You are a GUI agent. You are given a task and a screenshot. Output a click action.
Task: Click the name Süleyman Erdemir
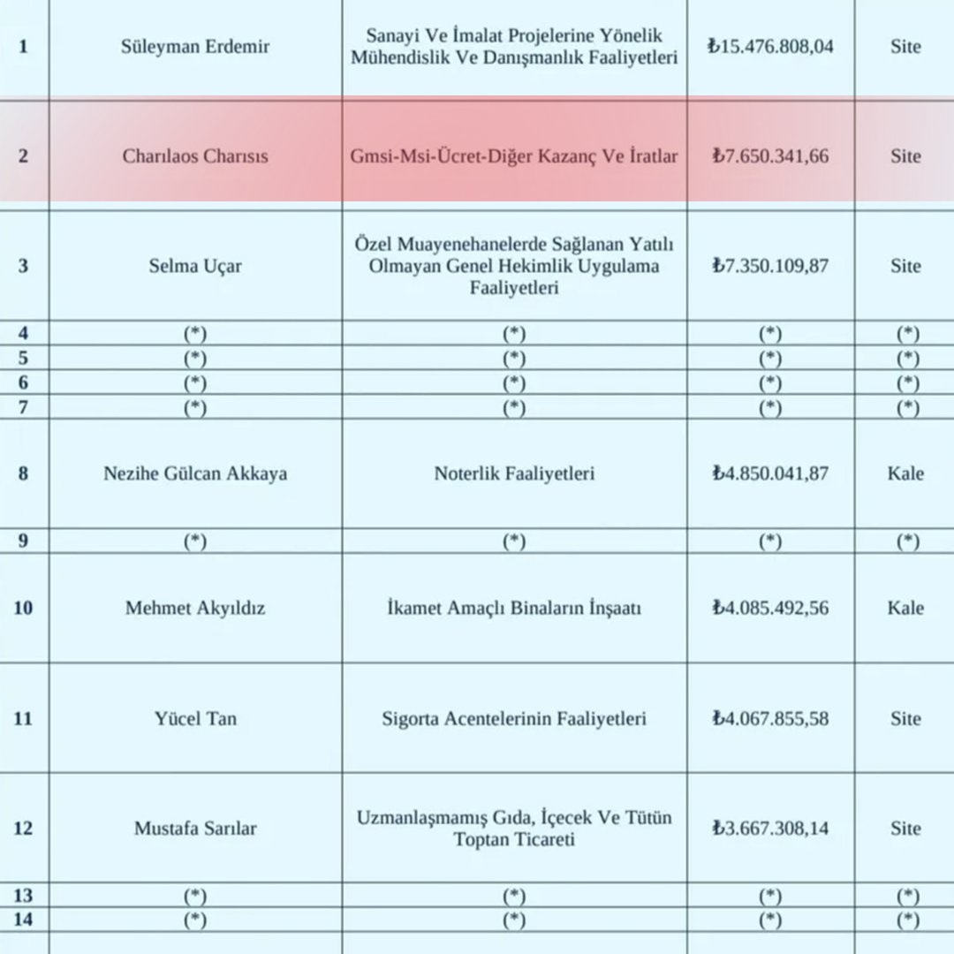[x=195, y=47]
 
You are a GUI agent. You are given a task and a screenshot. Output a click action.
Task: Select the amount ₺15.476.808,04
[x=770, y=47]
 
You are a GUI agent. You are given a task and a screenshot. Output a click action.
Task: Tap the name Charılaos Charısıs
[x=195, y=156]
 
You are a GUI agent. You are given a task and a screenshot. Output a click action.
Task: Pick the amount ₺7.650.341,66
[x=770, y=156]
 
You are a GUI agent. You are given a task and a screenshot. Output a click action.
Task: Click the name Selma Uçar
[x=195, y=266]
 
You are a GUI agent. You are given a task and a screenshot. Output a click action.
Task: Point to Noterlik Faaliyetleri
[x=514, y=473]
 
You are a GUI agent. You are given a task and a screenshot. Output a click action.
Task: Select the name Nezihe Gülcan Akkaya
[x=195, y=473]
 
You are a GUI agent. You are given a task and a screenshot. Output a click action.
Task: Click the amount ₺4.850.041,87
[x=770, y=473]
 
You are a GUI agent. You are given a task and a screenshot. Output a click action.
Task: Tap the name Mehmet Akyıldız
[x=195, y=609]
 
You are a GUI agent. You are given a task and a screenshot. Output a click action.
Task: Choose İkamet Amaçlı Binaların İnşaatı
[x=514, y=609]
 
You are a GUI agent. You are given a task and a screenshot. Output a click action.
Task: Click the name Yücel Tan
[x=195, y=719]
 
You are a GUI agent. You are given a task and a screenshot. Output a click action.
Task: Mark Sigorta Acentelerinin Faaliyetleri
[x=514, y=719]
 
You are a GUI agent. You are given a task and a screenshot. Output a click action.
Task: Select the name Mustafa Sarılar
[x=195, y=829]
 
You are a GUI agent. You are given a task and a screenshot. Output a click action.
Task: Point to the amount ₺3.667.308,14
[x=770, y=829]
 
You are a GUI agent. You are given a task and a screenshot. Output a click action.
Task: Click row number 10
[x=23, y=609]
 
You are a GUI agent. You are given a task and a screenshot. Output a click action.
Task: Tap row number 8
[x=23, y=473]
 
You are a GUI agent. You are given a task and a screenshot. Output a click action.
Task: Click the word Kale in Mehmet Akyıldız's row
[x=905, y=609]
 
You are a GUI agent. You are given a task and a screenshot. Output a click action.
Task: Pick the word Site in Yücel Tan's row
[x=905, y=719]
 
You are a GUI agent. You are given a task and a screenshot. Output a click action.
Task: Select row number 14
[x=23, y=920]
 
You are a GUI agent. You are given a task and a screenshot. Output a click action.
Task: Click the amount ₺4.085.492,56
[x=770, y=609]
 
